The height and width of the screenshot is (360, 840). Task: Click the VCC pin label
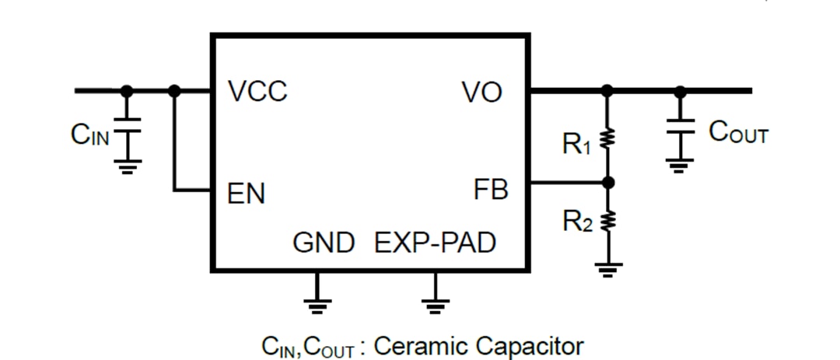coord(257,92)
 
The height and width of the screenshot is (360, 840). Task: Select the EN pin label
coord(246,194)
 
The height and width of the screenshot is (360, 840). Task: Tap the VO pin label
coord(482,93)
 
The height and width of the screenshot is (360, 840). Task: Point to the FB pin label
coord(490,189)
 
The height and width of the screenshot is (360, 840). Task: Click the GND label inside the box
coord(324,243)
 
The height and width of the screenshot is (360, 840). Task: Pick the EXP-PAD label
coord(435,243)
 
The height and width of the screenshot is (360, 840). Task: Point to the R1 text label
coord(576,144)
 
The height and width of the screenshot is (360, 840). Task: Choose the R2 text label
coord(577,223)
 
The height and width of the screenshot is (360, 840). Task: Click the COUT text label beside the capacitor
coord(737,133)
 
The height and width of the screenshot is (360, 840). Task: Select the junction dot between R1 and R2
coord(608,182)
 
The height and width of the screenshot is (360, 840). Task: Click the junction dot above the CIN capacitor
coord(127,91)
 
